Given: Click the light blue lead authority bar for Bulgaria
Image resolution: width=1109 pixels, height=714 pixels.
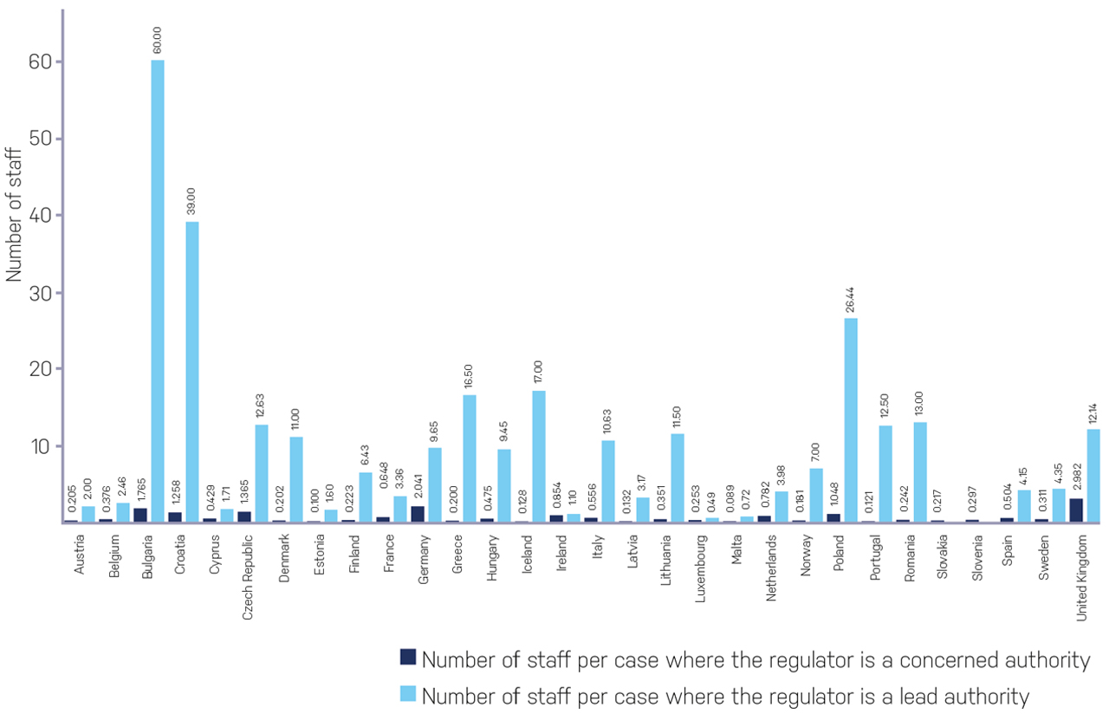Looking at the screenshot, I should [158, 291].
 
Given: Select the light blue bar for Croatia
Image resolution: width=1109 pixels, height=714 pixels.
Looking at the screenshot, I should [192, 372].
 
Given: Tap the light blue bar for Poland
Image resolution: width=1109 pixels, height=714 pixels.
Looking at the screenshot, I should [851, 420].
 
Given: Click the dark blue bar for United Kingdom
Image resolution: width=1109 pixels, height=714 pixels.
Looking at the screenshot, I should [1076, 510].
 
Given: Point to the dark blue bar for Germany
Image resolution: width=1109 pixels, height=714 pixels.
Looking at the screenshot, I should [418, 514].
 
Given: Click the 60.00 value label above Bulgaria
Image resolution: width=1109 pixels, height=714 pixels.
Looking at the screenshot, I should [158, 41].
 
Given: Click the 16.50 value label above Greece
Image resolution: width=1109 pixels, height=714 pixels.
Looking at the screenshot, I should [470, 376].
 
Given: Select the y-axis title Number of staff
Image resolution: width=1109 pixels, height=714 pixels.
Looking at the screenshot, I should [14, 212].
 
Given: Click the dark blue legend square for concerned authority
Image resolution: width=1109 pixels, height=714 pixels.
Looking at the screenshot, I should [408, 657].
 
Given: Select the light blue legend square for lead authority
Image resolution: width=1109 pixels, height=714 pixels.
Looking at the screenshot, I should [408, 694].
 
